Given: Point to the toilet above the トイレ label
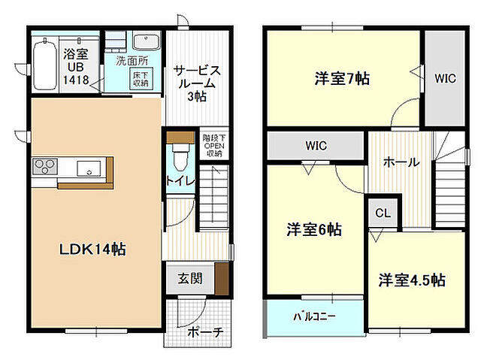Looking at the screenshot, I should coord(179,156).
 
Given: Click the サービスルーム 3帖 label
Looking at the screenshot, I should coord(197,82).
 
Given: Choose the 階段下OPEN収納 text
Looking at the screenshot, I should coord(213,145).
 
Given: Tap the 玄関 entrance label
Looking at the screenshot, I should coord(189,279).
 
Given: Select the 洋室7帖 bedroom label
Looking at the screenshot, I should coord(341,77).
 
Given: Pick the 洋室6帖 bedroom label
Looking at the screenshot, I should coord(313,229).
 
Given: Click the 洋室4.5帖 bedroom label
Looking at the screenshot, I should coord(411,280).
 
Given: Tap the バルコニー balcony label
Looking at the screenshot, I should coord(314,316).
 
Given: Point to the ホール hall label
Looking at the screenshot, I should coord(401,162).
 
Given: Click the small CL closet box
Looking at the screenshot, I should coord(383,213).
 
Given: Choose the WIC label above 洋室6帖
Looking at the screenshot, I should coord(316,146).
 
